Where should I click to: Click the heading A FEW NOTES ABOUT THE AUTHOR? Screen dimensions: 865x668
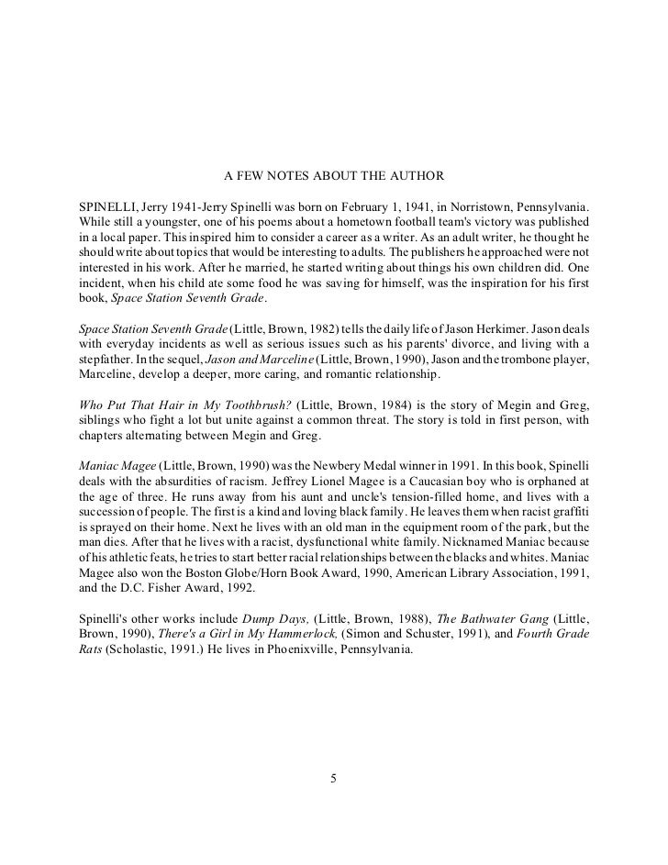(334, 174)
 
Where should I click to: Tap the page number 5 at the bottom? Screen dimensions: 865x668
(334, 780)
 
